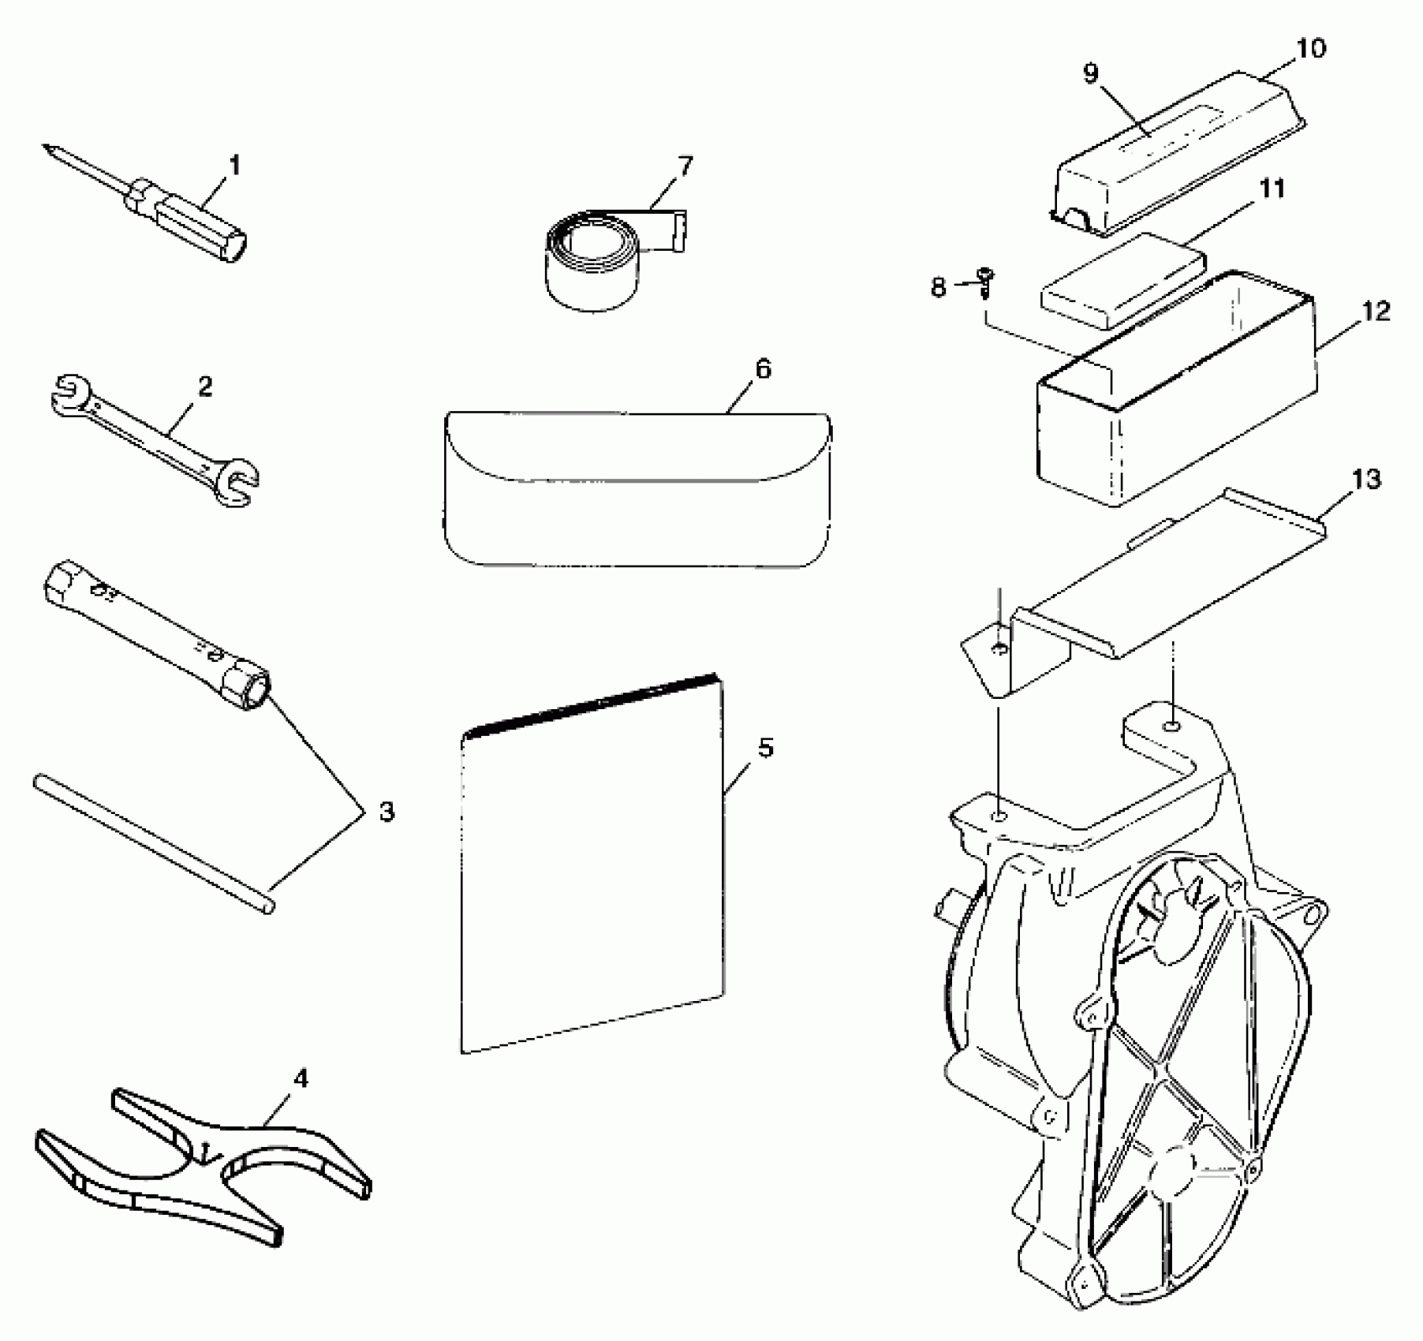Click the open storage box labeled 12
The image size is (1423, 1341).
click(1175, 410)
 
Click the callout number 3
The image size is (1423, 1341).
click(387, 812)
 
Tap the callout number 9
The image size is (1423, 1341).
click(1090, 74)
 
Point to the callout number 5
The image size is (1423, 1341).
click(765, 747)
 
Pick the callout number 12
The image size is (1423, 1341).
click(1375, 311)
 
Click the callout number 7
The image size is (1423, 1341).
click(685, 166)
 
